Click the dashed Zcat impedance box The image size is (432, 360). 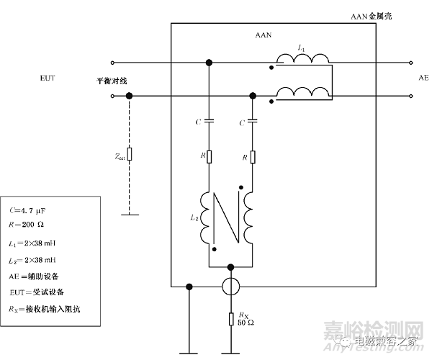[x=129, y=153]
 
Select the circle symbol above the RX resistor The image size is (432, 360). [x=230, y=287]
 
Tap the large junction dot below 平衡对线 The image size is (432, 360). [x=129, y=96]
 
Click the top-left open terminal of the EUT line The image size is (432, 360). [x=112, y=62]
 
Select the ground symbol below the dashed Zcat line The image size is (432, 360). [x=129, y=214]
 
